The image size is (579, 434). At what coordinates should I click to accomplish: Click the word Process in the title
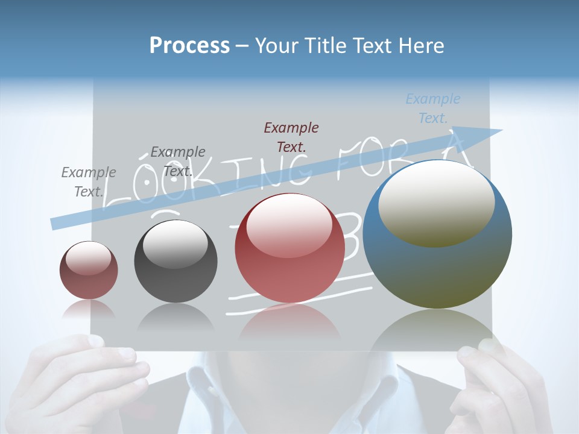pos(189,45)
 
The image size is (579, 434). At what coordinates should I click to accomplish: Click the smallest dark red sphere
pos(89,270)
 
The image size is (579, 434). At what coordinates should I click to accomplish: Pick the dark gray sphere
pos(176,261)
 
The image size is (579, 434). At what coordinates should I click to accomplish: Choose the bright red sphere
pos(289,248)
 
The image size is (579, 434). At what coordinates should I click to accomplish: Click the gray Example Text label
pos(89,181)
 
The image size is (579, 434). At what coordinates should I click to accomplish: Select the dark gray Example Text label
pos(178,161)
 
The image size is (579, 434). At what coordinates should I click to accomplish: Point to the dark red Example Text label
pos(291,137)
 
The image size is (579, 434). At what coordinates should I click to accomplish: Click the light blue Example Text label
pos(433,108)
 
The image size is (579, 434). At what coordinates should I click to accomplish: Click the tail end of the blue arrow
pos(55,223)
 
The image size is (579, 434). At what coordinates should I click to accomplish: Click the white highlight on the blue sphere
pos(436,204)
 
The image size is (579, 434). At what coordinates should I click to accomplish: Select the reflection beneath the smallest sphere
pos(89,308)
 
